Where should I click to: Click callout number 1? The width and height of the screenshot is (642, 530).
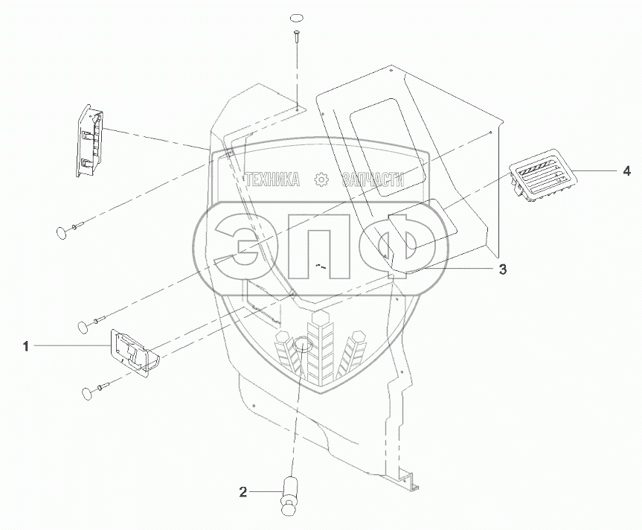click(x=26, y=346)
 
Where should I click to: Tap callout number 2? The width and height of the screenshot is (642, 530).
click(x=243, y=492)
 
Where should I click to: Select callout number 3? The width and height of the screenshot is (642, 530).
click(x=502, y=269)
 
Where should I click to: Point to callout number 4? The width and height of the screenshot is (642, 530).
click(x=626, y=171)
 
